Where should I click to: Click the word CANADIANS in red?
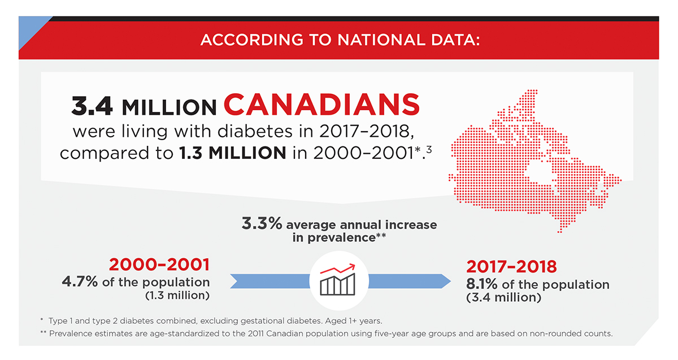(x=321, y=105)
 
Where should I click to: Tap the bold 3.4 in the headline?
(x=92, y=106)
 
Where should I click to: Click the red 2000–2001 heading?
(x=159, y=264)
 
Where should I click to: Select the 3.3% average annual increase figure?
(x=262, y=224)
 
